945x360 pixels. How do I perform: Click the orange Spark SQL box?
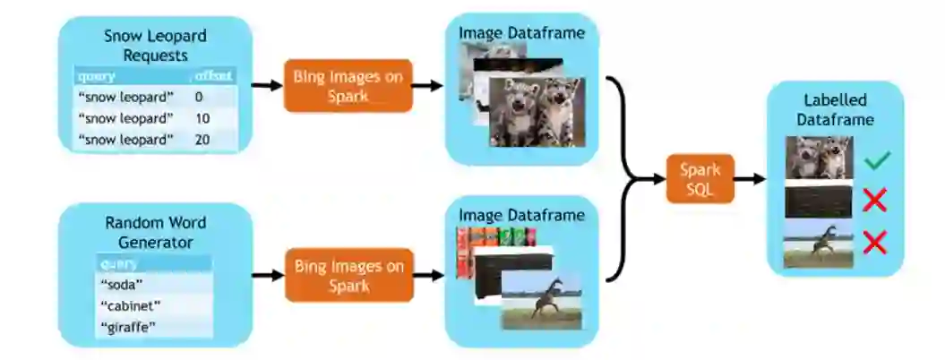700,178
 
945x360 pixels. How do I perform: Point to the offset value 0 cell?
198,96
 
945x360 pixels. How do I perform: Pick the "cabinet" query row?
130,305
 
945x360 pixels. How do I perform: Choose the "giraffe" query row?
129,327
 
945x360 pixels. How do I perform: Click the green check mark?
879,161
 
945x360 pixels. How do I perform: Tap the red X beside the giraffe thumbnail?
874,242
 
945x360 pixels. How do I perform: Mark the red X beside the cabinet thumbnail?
874,201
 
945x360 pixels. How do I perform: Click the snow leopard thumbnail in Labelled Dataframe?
818,159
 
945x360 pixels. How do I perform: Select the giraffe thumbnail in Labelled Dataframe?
818,247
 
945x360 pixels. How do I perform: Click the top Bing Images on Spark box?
348,85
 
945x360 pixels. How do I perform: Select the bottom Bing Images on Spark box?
348,274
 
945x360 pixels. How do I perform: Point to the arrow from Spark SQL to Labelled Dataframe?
751,178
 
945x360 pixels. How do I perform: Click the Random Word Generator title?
150,232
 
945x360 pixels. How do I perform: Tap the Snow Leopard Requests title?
155,46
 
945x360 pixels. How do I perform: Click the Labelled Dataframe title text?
835,109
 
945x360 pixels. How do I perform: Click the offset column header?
213,76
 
